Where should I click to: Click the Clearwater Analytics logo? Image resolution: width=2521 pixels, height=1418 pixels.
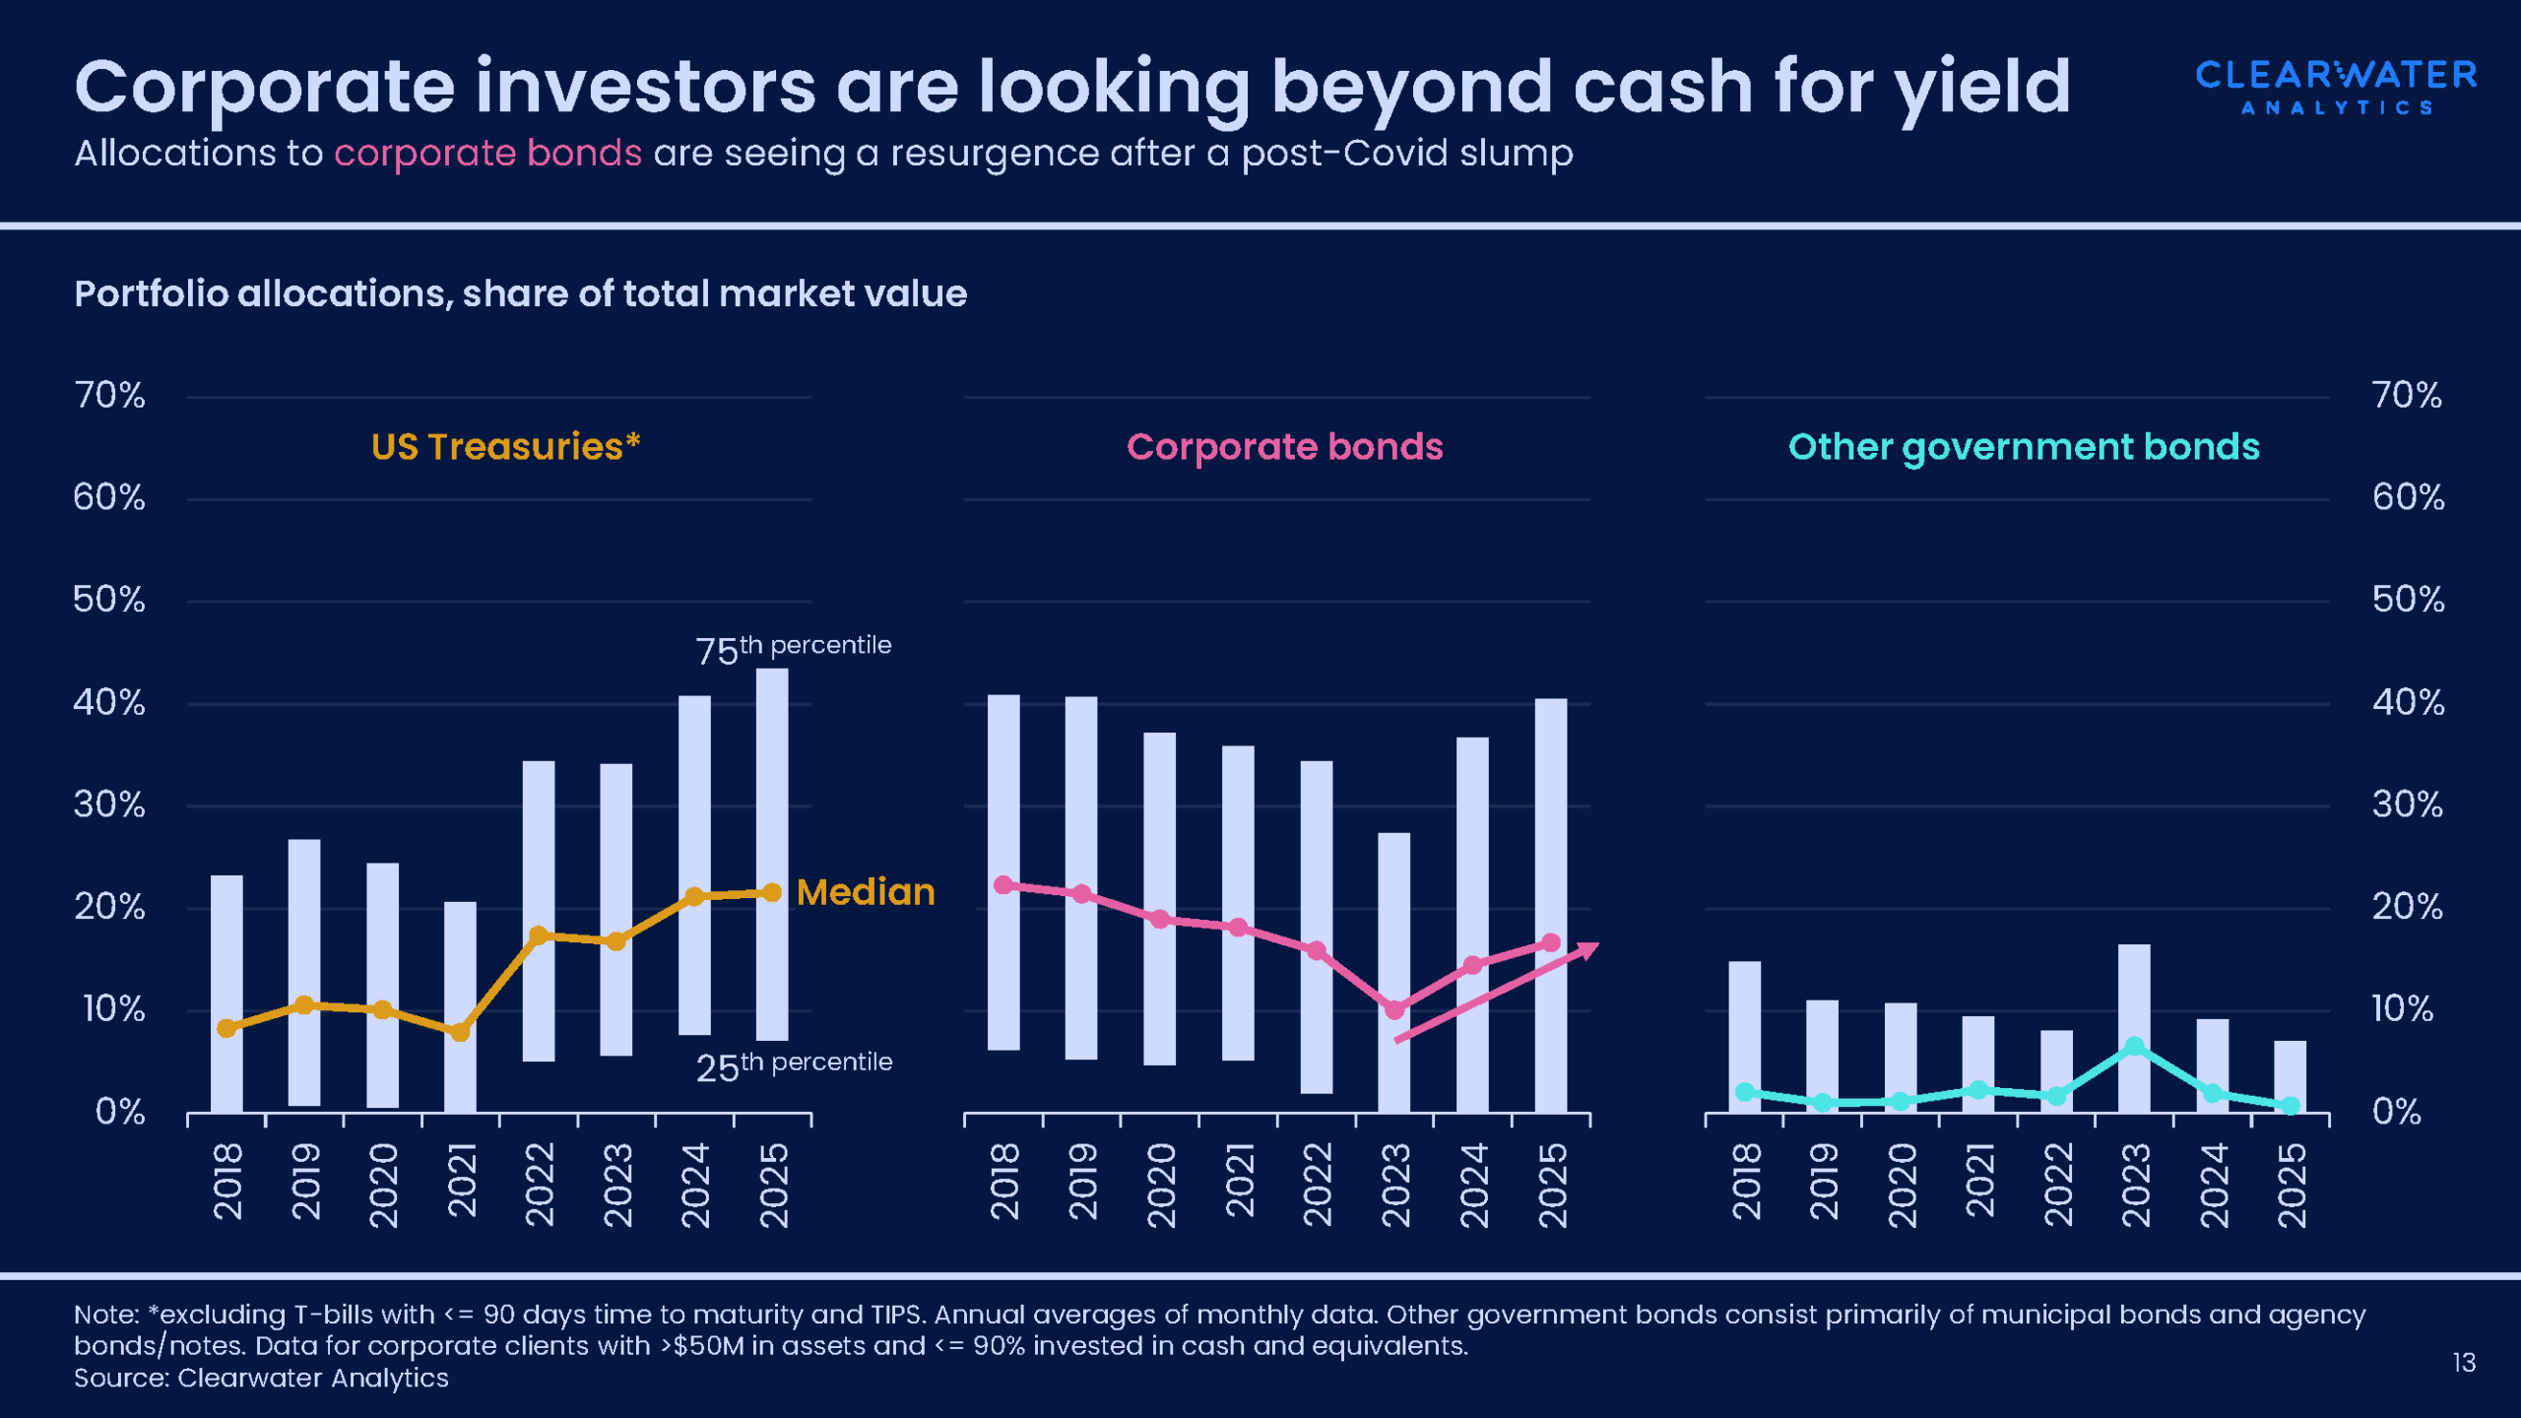2336,87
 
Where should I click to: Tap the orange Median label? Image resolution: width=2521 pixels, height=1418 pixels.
866,892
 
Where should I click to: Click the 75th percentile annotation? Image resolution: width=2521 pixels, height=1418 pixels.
793,649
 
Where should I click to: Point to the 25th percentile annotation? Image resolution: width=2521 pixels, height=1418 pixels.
794,1065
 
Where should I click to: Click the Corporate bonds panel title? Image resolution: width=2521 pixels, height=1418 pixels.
1284,447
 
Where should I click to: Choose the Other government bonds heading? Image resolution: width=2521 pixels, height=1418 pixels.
2024,447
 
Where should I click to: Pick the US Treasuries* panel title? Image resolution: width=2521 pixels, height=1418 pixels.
506,447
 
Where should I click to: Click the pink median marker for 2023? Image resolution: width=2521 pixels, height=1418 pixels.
1394,1009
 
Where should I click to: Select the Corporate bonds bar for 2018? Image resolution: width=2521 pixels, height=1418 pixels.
1003,871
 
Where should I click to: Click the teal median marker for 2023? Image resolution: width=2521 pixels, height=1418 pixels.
2134,1046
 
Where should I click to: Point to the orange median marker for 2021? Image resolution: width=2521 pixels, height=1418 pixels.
460,1032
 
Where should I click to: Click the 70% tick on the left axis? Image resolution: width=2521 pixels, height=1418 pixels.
109,396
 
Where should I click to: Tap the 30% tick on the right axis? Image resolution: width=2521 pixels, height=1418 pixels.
2408,806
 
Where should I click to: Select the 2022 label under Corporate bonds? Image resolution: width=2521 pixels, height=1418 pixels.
1317,1184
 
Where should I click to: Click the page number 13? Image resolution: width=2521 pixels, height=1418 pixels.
2464,1363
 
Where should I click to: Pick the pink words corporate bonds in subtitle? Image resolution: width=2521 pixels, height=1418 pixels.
487,154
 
